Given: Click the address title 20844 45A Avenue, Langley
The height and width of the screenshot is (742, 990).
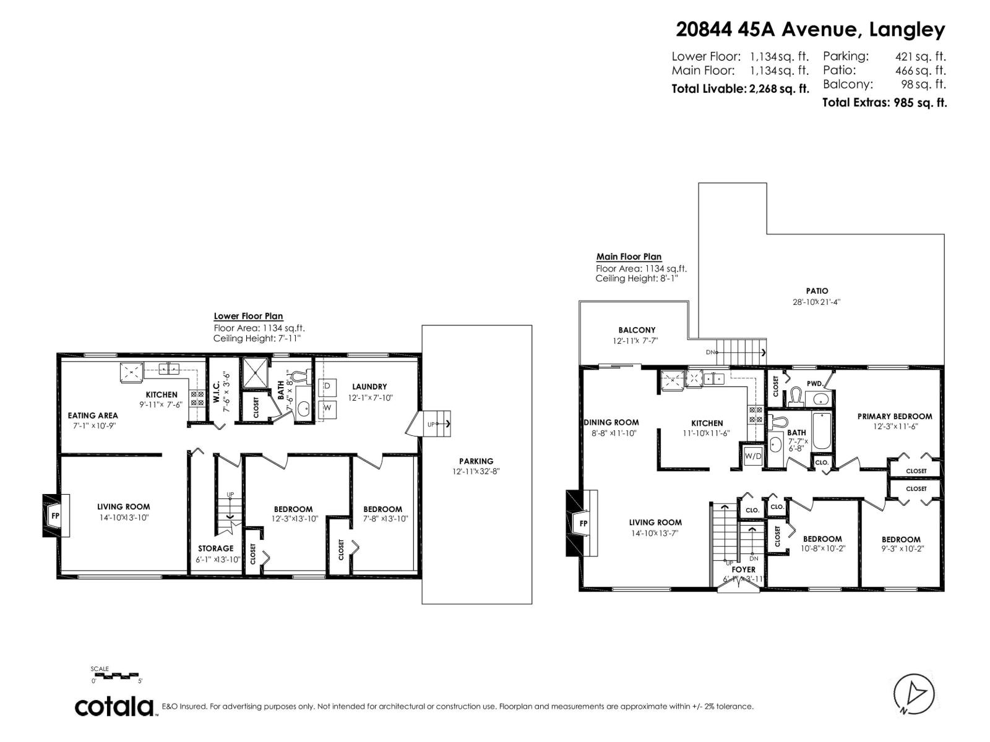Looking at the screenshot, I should coord(811,29).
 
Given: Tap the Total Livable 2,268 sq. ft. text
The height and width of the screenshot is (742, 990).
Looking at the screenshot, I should coord(740,88).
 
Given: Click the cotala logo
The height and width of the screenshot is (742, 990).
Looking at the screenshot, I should coord(115,706).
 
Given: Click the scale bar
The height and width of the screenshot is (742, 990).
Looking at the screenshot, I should coord(117,675).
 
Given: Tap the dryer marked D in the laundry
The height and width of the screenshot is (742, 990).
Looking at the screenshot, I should coord(328,386).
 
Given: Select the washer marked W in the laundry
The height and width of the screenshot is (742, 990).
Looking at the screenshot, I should coord(328,408).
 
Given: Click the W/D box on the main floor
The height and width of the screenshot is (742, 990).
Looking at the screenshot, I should coord(753,456).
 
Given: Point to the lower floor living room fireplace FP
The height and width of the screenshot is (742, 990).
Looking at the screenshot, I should coord(55,515).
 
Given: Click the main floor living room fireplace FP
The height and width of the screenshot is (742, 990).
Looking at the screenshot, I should coord(582,523).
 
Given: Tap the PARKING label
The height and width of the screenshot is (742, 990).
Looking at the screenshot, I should coord(476,461).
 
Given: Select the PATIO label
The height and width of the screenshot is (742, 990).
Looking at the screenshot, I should coord(817,291).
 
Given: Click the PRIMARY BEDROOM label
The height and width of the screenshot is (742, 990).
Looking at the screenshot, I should coord(894,416).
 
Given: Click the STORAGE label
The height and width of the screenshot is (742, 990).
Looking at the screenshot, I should coord(215,548).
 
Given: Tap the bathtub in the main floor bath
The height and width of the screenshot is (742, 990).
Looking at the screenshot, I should coord(821,430).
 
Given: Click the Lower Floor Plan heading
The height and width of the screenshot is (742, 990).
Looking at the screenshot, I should coord(248,316).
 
